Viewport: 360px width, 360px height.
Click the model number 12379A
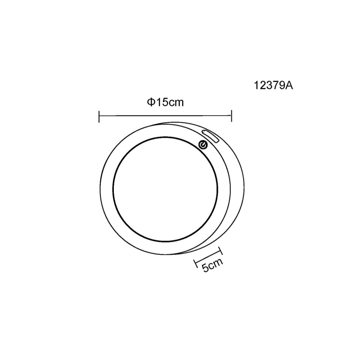click(x=274, y=85)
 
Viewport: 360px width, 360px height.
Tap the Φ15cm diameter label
click(x=165, y=102)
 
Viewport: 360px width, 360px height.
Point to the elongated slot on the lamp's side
click(x=209, y=136)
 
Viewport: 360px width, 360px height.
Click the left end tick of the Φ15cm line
click(x=99, y=117)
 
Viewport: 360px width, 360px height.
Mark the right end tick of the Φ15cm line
click(x=231, y=117)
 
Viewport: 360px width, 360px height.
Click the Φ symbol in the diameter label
click(x=150, y=102)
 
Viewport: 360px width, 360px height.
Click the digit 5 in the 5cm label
click(x=205, y=269)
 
